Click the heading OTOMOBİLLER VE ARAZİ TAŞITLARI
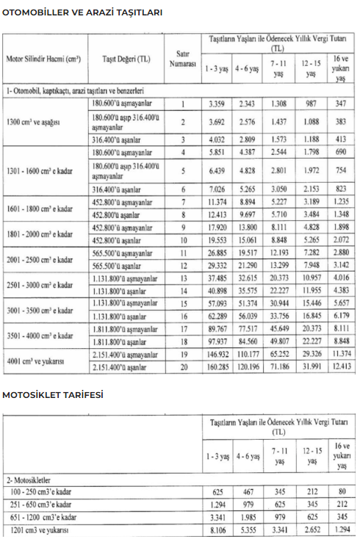[82, 12]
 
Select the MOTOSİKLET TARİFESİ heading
[53, 394]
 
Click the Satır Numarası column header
[183, 59]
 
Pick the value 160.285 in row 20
[217, 367]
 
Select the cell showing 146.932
[217, 355]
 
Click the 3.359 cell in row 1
[217, 104]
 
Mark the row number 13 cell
[183, 279]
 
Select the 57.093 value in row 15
[217, 304]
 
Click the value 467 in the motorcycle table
[248, 490]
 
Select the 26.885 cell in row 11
[217, 253]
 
